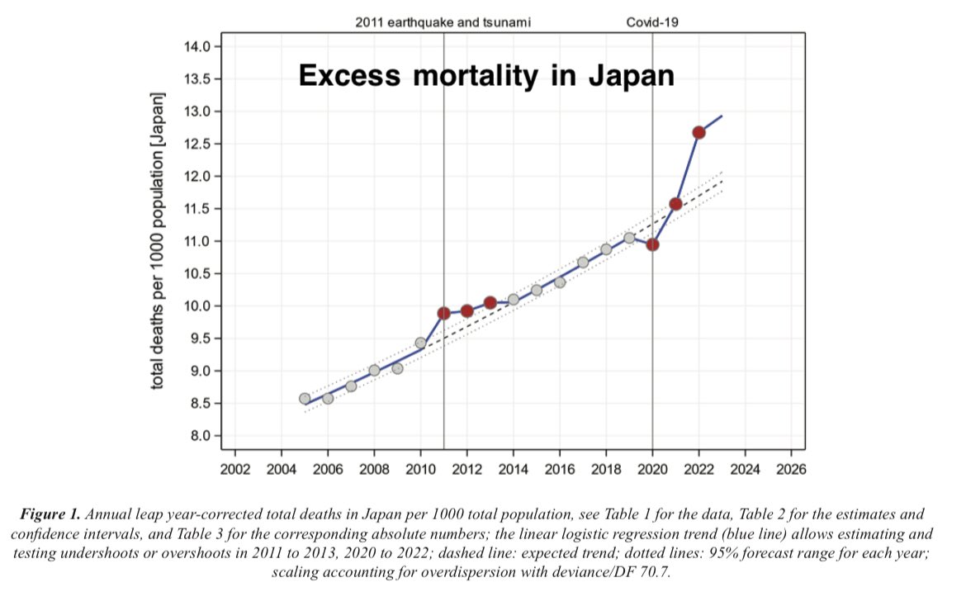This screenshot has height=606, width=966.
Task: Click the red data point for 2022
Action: (x=699, y=132)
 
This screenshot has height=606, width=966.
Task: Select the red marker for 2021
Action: (x=675, y=204)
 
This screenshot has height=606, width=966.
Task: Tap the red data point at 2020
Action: (x=652, y=244)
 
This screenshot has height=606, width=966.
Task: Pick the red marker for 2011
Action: (x=444, y=313)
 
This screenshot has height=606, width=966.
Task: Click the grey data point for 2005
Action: (x=305, y=399)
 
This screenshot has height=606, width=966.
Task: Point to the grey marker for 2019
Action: (x=629, y=238)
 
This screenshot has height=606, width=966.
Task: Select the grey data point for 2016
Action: (x=560, y=282)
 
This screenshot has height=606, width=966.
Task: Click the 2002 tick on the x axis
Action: (x=235, y=470)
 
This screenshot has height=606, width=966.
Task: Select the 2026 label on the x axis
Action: (x=791, y=470)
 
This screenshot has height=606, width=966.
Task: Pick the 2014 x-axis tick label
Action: (x=514, y=470)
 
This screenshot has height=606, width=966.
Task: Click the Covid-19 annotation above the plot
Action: (x=652, y=22)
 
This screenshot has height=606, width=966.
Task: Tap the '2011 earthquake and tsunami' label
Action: (x=443, y=22)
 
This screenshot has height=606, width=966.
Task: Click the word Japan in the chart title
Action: (x=631, y=76)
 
